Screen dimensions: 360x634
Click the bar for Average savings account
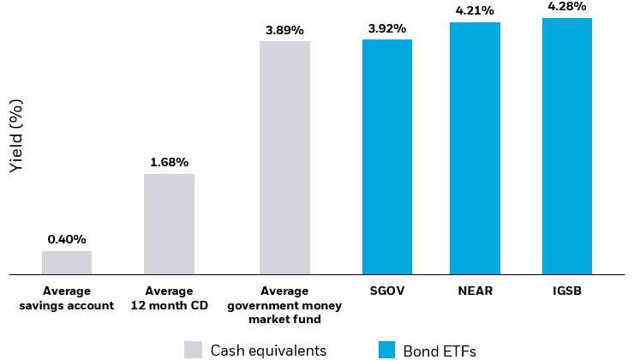point(67,262)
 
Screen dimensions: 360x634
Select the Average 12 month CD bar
point(169,224)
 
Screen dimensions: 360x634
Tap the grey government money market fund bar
point(284,158)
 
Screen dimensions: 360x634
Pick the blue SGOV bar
point(386,157)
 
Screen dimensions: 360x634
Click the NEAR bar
point(475,148)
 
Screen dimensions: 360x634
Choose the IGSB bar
point(566,147)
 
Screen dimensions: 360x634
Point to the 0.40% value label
point(67,239)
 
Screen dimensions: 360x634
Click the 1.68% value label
point(169,162)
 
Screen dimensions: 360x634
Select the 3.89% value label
point(284,29)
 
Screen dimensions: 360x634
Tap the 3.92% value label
point(386,27)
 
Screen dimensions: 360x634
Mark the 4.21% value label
point(475,10)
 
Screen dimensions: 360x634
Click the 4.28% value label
point(566,7)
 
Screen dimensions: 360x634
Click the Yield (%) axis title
point(16,135)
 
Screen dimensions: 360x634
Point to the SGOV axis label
point(386,291)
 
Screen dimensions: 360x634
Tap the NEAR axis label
point(475,291)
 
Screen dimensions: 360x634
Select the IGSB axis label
point(566,291)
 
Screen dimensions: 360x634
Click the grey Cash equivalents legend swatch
point(193,350)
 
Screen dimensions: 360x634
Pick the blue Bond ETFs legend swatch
point(386,350)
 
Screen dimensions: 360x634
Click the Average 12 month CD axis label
point(169,298)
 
